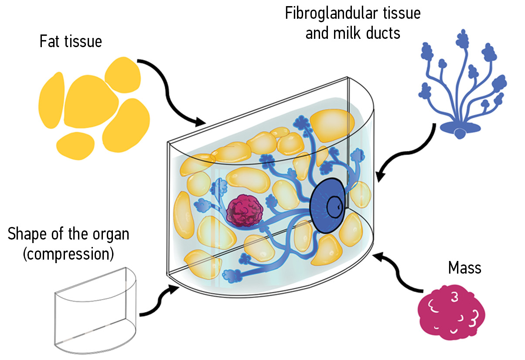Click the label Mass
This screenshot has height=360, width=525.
point(464,267)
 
